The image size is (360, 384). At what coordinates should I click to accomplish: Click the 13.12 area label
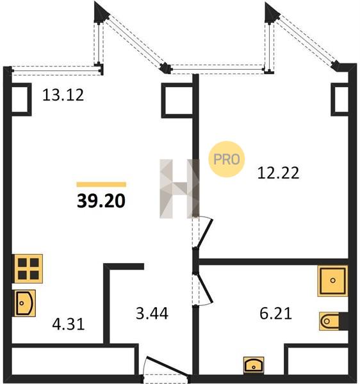tap(63, 95)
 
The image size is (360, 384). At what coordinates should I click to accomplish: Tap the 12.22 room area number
tap(278, 173)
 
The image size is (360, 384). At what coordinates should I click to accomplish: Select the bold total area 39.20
tap(101, 201)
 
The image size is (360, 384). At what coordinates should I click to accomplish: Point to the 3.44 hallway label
tap(152, 314)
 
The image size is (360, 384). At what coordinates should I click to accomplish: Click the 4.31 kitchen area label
tap(69, 324)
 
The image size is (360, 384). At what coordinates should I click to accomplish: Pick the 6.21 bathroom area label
tap(275, 314)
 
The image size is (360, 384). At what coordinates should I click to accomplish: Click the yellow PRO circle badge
tap(227, 159)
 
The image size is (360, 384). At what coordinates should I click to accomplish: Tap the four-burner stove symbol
tap(28, 269)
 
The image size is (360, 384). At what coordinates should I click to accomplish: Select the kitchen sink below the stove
tap(25, 303)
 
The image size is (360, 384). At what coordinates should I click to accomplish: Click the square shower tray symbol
tap(333, 281)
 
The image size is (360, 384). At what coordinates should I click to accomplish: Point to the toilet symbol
tap(333, 321)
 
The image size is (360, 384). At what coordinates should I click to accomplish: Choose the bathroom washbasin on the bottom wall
tap(254, 365)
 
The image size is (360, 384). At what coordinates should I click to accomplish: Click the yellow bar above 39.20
tap(101, 184)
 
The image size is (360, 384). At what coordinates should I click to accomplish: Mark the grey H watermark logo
tap(179, 189)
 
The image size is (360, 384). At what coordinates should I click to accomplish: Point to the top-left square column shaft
tap(22, 99)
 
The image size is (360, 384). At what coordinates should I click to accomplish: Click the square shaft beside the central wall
tap(177, 100)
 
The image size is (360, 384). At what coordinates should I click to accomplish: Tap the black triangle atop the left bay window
tap(101, 13)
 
